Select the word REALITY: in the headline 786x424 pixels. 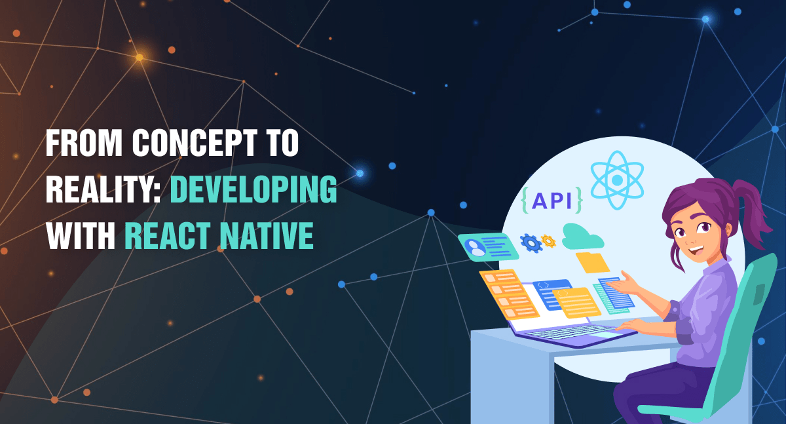tap(103, 189)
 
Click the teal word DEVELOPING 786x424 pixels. tap(253, 189)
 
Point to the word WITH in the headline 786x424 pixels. tap(81, 235)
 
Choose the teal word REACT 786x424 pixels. tap(170, 235)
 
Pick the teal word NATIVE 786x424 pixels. tap(267, 235)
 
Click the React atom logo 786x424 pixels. tap(617, 180)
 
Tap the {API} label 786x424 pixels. tap(552, 200)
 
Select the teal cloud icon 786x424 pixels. tap(582, 237)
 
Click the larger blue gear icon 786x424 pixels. tap(531, 243)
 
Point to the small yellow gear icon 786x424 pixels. tap(548, 241)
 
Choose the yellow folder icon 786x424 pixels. tap(592, 262)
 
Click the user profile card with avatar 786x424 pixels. tap(488, 247)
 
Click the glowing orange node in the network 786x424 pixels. tap(140, 57)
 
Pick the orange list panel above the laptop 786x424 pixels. tap(509, 294)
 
